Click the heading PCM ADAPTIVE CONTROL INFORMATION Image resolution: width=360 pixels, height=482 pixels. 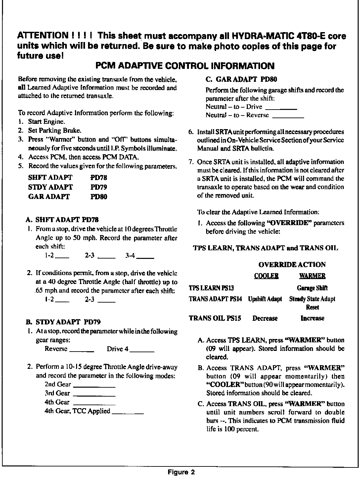tap(185, 66)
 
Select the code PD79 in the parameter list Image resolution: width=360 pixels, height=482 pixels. tap(99, 187)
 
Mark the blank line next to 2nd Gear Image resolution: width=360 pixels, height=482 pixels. tap(94, 386)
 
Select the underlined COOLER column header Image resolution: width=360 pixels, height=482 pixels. tap(266, 276)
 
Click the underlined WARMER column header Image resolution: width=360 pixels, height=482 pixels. tap(312, 276)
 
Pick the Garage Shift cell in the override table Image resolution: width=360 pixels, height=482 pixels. tap(312, 288)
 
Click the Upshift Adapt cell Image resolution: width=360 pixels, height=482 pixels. tap(265, 299)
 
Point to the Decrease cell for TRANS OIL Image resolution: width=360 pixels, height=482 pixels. tap(265, 318)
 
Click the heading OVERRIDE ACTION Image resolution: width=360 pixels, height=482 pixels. tap(292, 265)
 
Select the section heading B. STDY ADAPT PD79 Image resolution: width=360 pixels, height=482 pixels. tap(63, 322)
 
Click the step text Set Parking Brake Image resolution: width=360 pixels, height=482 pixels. tap(55, 130)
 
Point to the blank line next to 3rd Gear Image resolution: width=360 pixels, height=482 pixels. tap(94, 395)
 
